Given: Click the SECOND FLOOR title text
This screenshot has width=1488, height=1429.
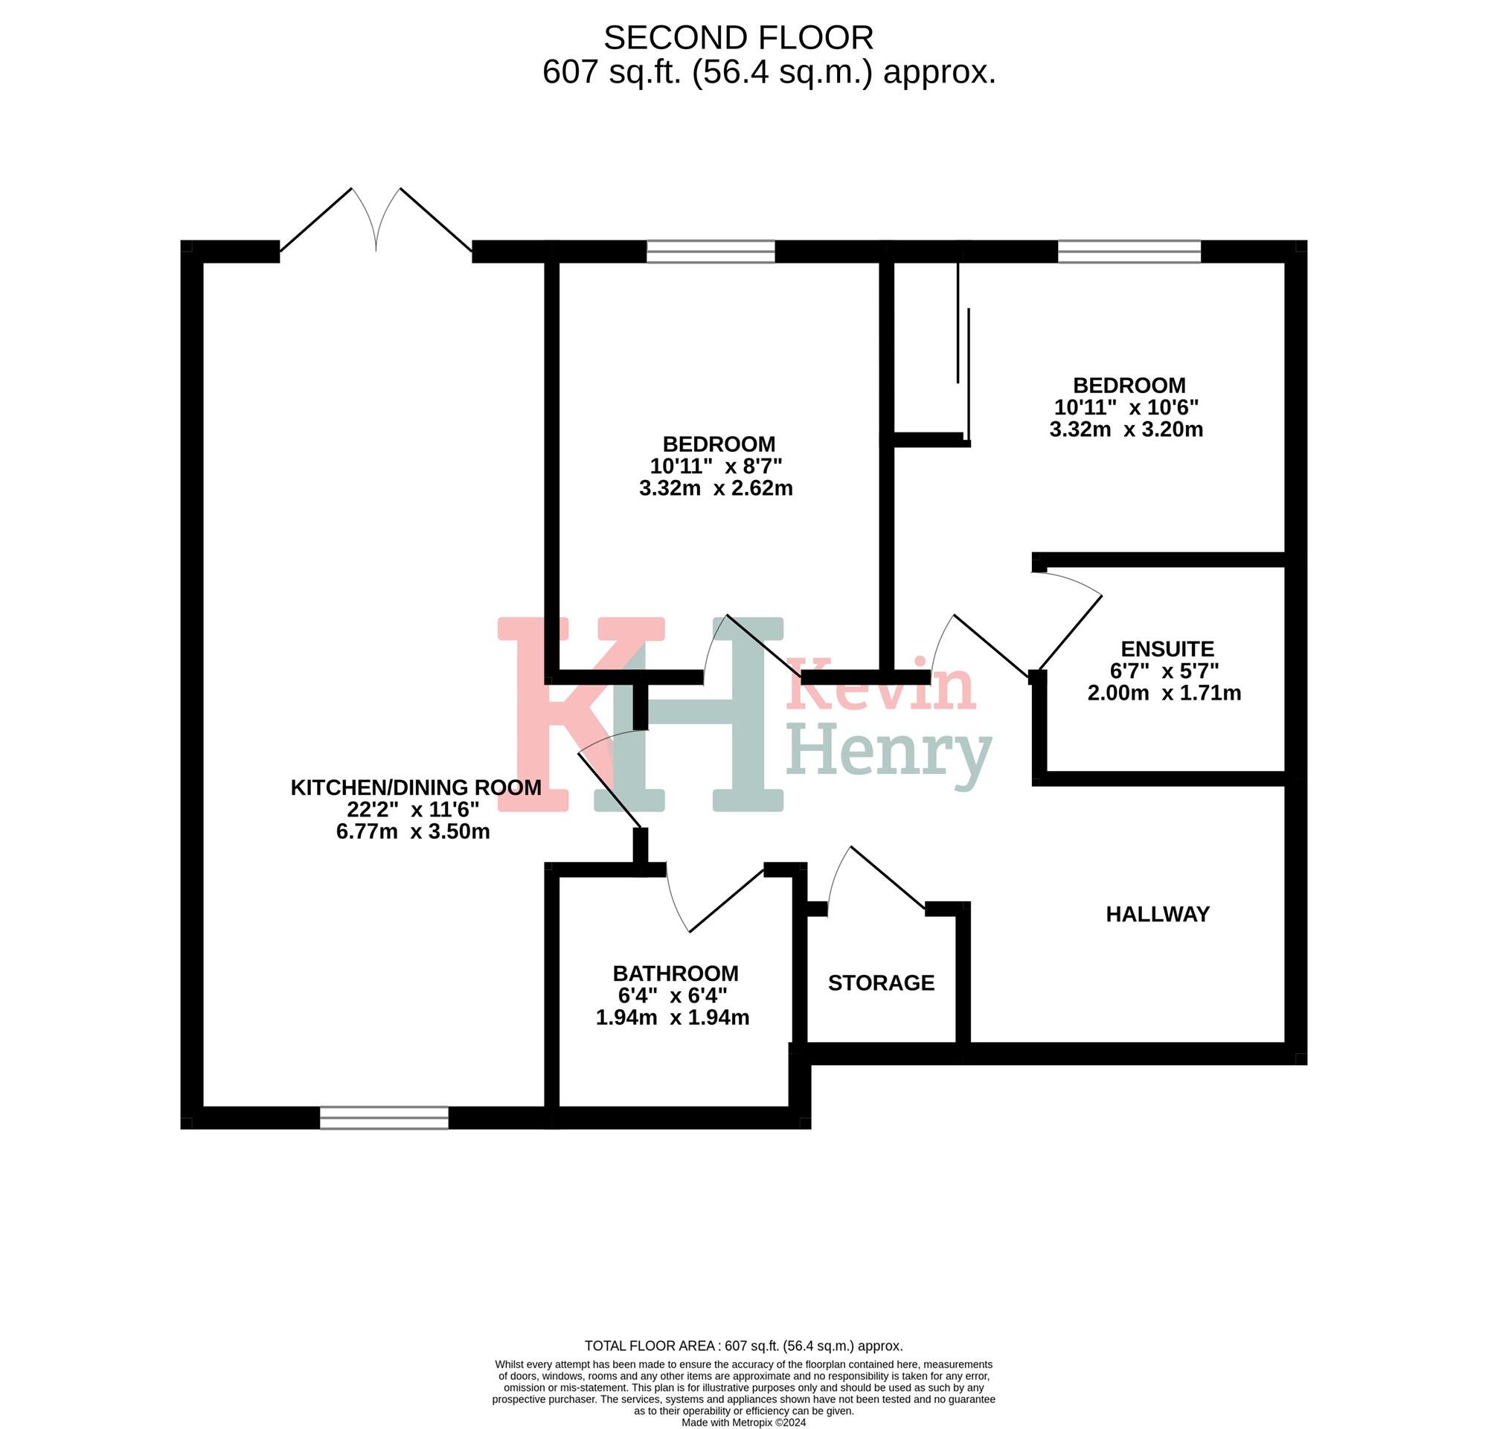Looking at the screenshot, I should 738,38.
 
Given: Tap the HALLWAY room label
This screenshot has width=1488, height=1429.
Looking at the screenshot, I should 1157,914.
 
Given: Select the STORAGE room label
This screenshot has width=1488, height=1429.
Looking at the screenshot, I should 881,983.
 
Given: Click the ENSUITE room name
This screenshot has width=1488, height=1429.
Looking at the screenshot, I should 1167,649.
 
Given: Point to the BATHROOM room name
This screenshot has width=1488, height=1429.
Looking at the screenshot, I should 675,974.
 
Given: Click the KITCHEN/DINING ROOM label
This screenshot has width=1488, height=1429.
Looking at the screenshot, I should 416,787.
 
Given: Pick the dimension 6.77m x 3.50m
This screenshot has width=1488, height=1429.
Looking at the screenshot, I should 412,831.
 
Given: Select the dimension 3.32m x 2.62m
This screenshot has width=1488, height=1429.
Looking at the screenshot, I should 716,488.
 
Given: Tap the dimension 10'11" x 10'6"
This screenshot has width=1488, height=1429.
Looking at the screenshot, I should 1126,408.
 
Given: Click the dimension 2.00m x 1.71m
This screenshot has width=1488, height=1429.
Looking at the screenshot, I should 1164,693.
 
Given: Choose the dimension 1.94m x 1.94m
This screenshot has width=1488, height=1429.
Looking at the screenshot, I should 672,1018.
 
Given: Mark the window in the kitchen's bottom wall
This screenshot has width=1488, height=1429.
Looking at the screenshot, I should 384,1119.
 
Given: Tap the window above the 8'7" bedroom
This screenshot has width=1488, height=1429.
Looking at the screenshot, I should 711,252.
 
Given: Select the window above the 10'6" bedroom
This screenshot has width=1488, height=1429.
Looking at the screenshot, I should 1129,252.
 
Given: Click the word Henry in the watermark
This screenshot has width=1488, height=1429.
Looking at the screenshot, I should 888,752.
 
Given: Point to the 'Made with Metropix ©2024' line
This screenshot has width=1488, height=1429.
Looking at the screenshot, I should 743,1422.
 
